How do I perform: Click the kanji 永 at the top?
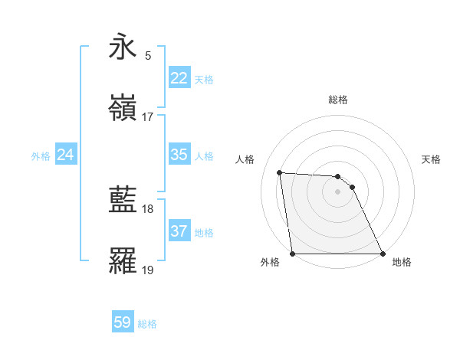point(123,47)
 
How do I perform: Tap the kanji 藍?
point(123,201)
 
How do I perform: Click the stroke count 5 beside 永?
point(148,56)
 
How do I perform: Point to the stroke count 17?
point(148,117)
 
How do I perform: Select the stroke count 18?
point(148,209)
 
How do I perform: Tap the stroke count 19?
point(148,270)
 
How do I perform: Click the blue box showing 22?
point(179,78)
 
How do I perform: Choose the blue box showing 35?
point(179,155)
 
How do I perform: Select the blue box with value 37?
point(179,231)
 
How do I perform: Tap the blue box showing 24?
point(66,155)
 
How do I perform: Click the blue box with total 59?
point(123,322)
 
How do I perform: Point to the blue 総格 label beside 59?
point(147,324)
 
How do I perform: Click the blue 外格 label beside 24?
point(41,156)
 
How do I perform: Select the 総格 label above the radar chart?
point(338,100)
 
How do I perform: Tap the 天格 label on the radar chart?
point(432,159)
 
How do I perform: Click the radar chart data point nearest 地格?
point(383,254)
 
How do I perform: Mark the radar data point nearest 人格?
point(280,172)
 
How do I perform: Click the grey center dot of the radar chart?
point(338,191)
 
